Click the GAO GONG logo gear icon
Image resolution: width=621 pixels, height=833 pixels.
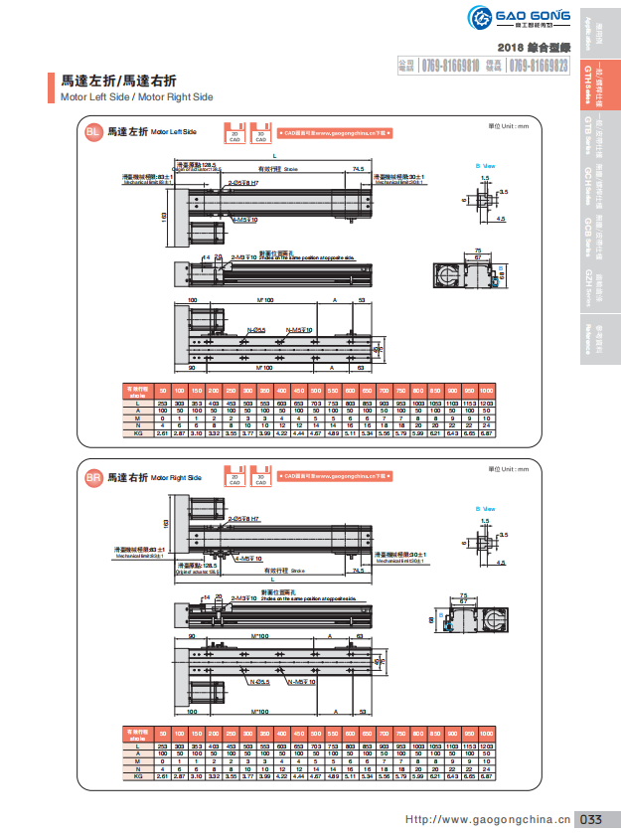coord(484,19)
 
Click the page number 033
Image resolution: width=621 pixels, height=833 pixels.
coord(592,819)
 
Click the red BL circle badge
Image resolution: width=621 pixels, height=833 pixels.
coord(92,131)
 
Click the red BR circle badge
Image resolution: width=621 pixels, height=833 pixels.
coord(92,479)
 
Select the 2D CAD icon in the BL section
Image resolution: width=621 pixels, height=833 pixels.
coord(235,134)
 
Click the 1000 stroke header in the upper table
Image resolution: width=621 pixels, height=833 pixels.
coord(487,389)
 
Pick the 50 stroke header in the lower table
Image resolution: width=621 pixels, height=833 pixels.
coord(162,733)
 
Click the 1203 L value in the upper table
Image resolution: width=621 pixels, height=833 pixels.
coord(487,402)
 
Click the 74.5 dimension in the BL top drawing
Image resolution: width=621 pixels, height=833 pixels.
coord(359,170)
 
